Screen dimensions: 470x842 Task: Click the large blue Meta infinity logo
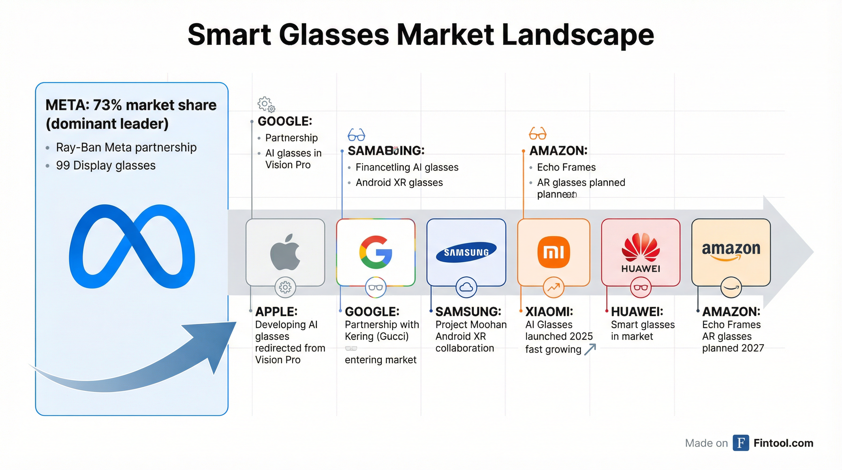[132, 246]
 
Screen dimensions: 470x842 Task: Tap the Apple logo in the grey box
[285, 252]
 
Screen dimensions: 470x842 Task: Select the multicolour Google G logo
[376, 252]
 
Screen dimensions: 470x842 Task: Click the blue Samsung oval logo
[466, 252]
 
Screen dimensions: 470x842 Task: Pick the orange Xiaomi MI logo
[553, 252]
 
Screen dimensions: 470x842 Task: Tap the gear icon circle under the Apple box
[285, 287]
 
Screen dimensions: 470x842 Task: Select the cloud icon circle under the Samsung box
[466, 287]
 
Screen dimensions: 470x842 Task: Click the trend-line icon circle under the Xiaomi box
[553, 287]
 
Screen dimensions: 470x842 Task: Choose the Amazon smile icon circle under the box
[731, 287]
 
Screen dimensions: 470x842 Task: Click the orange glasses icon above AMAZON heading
[538, 133]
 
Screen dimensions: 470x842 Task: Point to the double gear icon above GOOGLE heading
[266, 104]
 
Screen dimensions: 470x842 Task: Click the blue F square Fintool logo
[741, 443]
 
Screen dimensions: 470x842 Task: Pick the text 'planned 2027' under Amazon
[733, 348]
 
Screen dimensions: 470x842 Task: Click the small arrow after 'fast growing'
[590, 349]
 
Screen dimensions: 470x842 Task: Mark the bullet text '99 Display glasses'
[106, 165]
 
